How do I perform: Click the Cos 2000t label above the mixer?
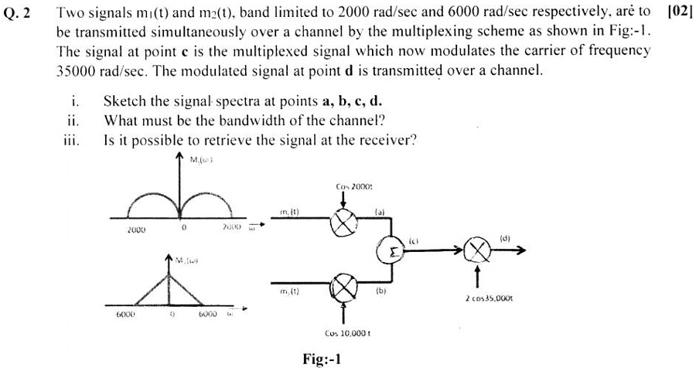tap(354, 188)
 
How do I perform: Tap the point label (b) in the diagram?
tap(380, 292)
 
